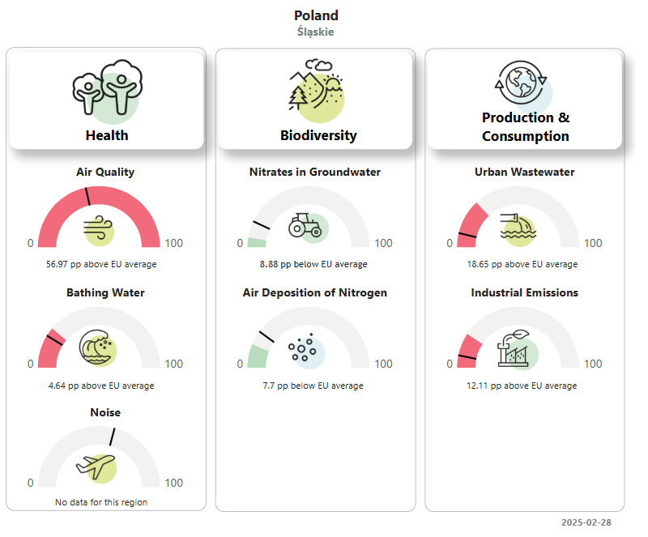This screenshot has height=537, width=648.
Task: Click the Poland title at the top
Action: pyautogui.click(x=316, y=15)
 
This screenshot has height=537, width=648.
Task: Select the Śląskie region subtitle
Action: pyautogui.click(x=315, y=32)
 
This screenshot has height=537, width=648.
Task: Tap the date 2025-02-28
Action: pyautogui.click(x=586, y=522)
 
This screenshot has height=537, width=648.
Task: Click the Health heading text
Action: pyautogui.click(x=107, y=135)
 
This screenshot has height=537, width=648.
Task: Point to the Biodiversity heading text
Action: pyautogui.click(x=318, y=135)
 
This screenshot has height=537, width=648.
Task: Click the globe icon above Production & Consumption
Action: pyautogui.click(x=522, y=83)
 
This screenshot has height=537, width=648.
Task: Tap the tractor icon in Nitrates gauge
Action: pyautogui.click(x=308, y=228)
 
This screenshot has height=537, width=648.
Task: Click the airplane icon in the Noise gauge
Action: pyautogui.click(x=96, y=467)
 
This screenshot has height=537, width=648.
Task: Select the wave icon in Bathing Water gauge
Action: pyautogui.click(x=97, y=348)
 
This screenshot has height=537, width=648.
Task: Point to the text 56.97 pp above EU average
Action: pyautogui.click(x=101, y=264)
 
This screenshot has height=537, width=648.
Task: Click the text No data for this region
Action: pyautogui.click(x=101, y=502)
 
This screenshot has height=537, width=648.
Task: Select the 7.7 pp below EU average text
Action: pyautogui.click(x=313, y=386)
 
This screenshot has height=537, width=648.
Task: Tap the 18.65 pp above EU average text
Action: pyautogui.click(x=522, y=264)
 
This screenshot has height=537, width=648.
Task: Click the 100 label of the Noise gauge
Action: pyautogui.click(x=173, y=483)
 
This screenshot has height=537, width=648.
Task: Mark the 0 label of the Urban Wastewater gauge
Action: pyautogui.click(x=450, y=243)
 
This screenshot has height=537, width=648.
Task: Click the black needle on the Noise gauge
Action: pyautogui.click(x=113, y=437)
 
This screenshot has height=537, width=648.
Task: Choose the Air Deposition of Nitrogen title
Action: pyautogui.click(x=315, y=292)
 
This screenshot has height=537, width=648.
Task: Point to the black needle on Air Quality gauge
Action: pyautogui.click(x=87, y=196)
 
